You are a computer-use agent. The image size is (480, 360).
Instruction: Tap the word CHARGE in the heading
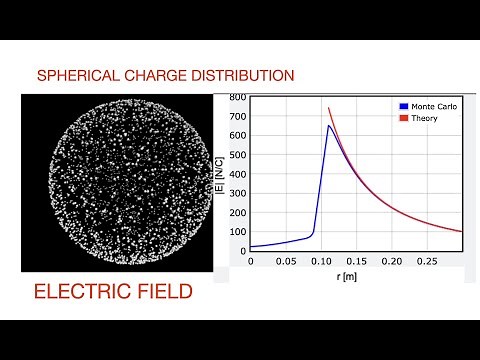tap(150, 75)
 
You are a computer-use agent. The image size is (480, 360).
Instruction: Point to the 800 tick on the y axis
tap(237, 97)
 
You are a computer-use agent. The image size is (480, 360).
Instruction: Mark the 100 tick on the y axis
tap(237, 231)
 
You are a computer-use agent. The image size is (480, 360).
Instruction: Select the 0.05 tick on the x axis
tap(285, 260)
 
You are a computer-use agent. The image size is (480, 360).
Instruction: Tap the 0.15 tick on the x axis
tap(356, 260)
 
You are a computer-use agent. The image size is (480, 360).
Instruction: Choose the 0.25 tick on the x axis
tap(426, 260)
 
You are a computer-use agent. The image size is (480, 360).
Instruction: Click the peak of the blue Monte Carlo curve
tap(328, 126)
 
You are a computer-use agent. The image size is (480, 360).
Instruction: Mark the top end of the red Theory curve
tap(328, 108)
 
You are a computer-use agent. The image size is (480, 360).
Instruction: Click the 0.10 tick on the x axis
tap(321, 260)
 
